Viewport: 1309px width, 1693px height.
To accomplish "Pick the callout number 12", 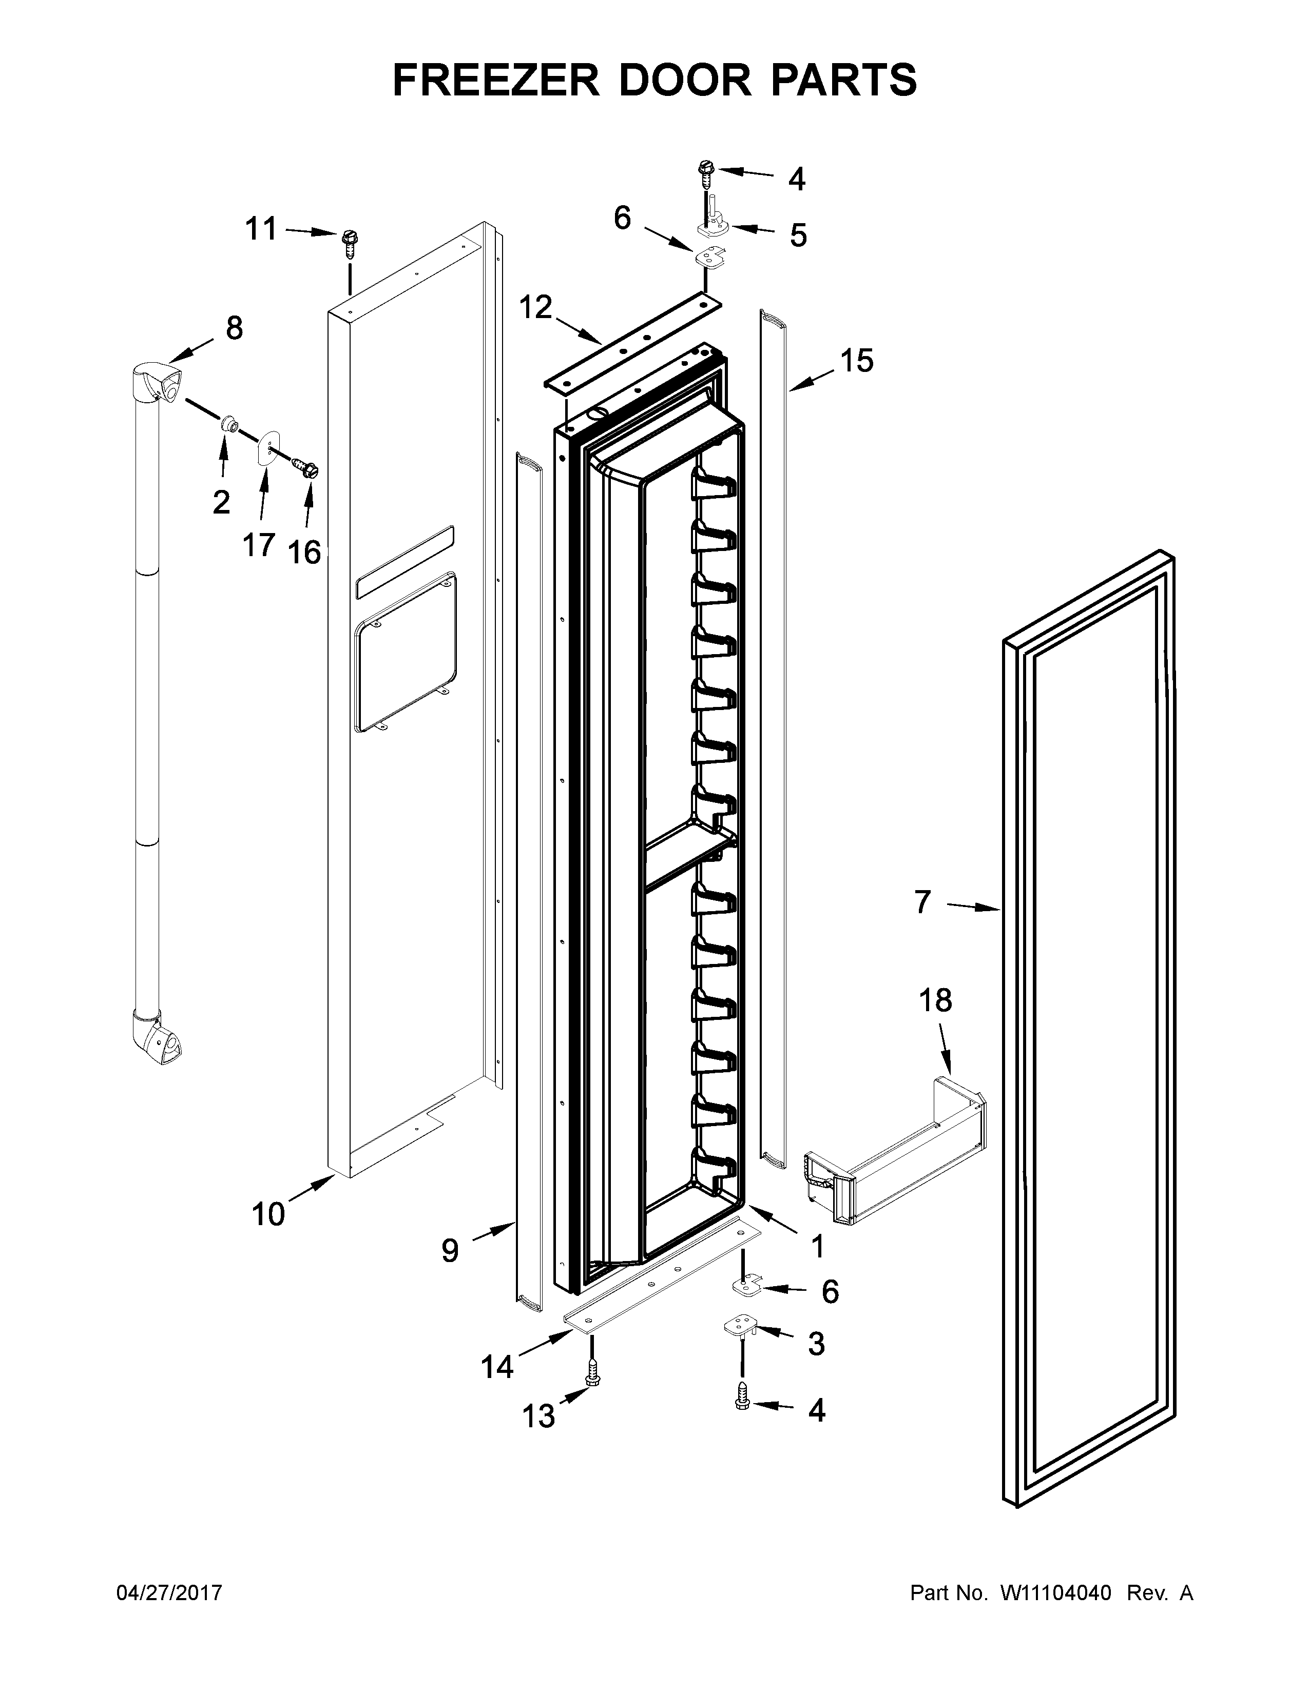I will [x=535, y=308].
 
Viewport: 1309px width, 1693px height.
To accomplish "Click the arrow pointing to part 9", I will [x=493, y=1230].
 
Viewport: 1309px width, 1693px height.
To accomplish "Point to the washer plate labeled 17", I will [x=267, y=447].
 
